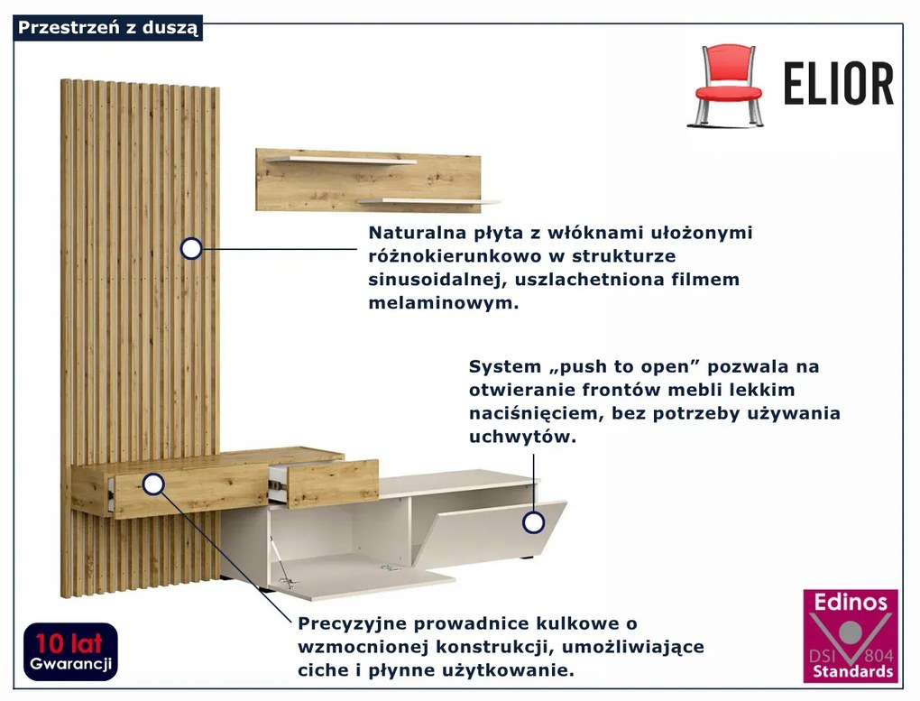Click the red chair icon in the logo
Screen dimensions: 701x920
click(x=728, y=85)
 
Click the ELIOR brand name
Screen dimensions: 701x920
click(x=838, y=85)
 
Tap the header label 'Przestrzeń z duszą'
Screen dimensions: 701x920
click(x=108, y=28)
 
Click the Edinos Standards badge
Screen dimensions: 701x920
click(x=851, y=635)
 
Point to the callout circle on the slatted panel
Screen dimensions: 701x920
click(x=191, y=248)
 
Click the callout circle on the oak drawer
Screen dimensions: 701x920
click(x=154, y=485)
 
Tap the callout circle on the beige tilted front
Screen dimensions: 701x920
click(x=534, y=522)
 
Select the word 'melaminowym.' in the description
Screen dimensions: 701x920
click(x=443, y=303)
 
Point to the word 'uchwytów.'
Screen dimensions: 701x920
click(x=522, y=437)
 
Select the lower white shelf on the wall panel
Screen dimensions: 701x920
click(x=428, y=201)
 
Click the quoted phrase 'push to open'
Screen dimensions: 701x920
click(x=616, y=367)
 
